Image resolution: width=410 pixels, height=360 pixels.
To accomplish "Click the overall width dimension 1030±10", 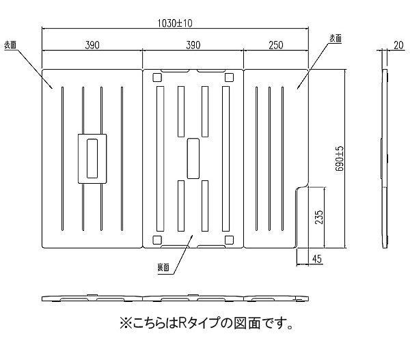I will pyautogui.click(x=174, y=23).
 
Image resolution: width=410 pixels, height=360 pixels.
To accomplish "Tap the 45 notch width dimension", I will pyautogui.click(x=316, y=258).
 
